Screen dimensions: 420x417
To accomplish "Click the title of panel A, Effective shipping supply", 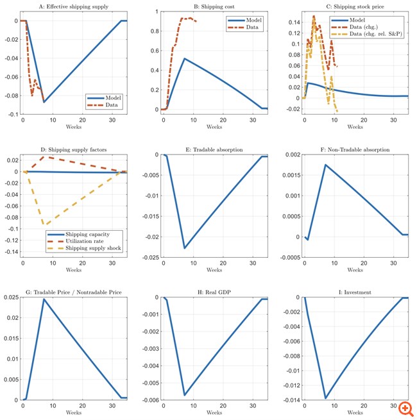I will coord(74,6).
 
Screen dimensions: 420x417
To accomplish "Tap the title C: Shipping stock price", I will coord(354,6).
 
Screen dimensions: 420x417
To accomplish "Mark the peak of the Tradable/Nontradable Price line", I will coord(44,299).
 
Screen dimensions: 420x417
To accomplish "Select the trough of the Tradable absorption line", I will coord(185,248).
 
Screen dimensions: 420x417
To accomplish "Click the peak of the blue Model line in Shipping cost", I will coord(185,59).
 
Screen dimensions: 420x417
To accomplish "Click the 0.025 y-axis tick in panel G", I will coord(13,298).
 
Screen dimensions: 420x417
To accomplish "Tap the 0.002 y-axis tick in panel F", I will coord(291,155).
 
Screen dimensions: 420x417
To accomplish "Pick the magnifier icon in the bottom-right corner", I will coord(405,408).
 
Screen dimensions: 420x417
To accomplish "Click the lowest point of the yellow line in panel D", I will coord(45,224).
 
